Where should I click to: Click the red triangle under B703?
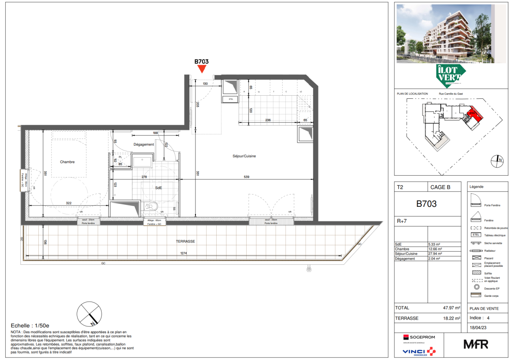point(202,69)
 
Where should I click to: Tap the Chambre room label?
point(68,162)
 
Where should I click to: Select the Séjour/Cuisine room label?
point(244,156)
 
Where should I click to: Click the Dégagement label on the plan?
point(143,144)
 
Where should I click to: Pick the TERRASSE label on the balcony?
point(185,242)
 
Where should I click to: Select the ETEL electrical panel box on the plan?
point(230,99)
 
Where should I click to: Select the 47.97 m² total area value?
point(451,308)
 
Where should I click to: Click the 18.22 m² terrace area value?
point(451,318)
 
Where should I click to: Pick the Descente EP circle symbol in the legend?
point(476,288)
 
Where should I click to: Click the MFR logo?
point(476,344)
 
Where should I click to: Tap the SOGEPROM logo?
point(419,337)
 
